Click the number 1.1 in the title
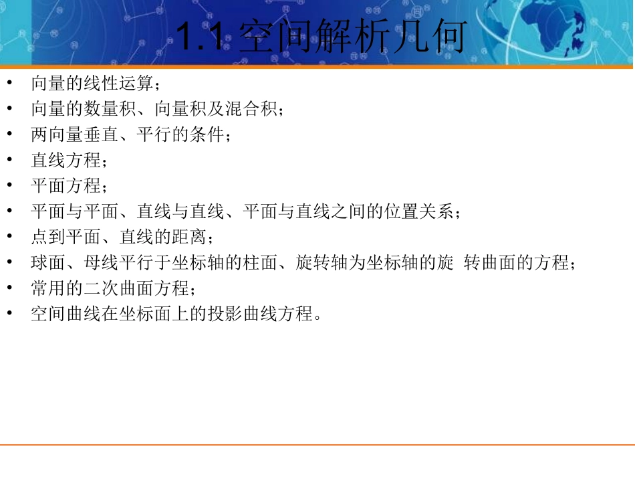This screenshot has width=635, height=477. [204, 38]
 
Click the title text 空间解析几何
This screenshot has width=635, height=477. [351, 38]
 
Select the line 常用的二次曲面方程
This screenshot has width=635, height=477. [110, 288]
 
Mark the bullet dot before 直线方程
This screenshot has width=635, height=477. [9, 159]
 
